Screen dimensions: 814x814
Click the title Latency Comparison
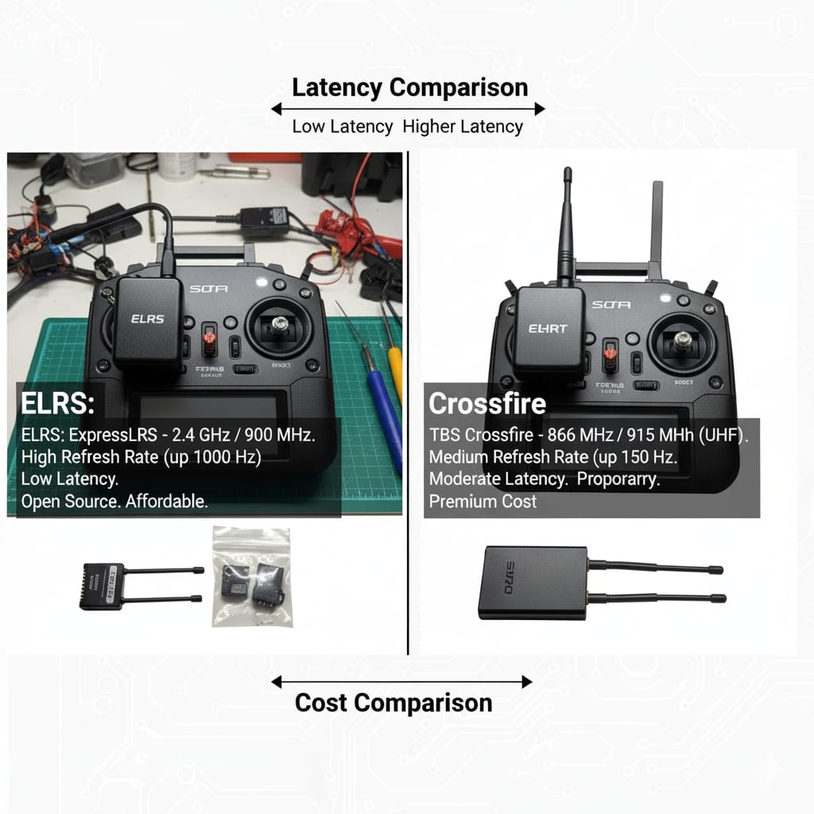[409, 87]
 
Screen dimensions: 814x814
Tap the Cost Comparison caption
[393, 703]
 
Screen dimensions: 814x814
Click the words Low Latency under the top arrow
[342, 126]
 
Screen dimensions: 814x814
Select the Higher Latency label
[463, 126]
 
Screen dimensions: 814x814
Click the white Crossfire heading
[486, 404]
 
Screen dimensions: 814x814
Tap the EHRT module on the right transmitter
[548, 330]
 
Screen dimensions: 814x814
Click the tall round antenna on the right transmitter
[566, 223]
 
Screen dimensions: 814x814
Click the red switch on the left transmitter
[210, 339]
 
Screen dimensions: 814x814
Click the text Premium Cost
[483, 502]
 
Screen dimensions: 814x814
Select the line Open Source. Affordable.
[114, 502]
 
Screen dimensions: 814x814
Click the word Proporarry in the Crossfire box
[622, 479]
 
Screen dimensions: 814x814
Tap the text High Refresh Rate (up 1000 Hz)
[141, 457]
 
